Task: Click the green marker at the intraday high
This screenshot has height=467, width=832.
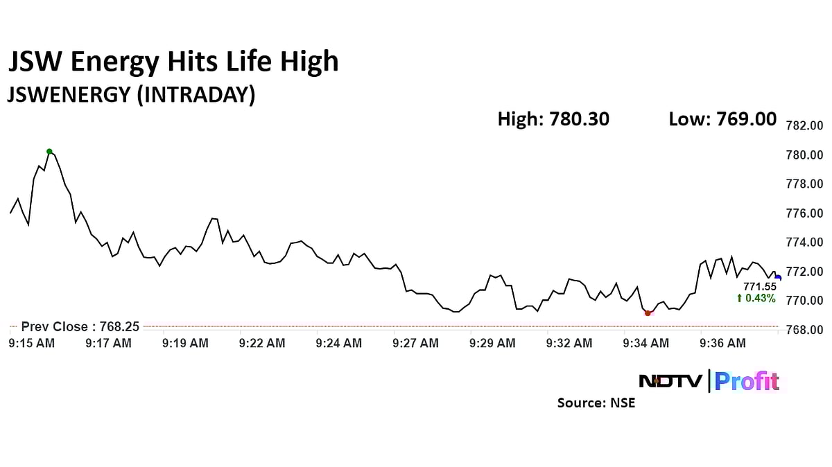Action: pyautogui.click(x=49, y=151)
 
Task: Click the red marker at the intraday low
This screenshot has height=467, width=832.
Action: pyautogui.click(x=648, y=313)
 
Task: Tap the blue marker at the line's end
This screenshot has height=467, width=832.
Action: pyautogui.click(x=778, y=278)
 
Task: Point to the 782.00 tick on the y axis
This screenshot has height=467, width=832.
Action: pyautogui.click(x=804, y=126)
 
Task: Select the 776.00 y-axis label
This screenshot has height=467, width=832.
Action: pyautogui.click(x=804, y=213)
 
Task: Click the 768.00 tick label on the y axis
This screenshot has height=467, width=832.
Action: pyautogui.click(x=804, y=330)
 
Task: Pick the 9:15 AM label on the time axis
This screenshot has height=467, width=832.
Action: pyautogui.click(x=31, y=343)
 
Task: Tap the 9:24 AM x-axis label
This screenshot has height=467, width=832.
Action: pyautogui.click(x=338, y=343)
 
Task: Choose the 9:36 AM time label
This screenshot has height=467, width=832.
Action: pyautogui.click(x=722, y=343)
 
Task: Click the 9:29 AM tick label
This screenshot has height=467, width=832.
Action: pyautogui.click(x=492, y=343)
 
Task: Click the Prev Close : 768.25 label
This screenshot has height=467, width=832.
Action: pyautogui.click(x=80, y=326)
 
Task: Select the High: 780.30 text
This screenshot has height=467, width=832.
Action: pyautogui.click(x=553, y=119)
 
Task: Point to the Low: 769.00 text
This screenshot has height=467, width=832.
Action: pyautogui.click(x=722, y=119)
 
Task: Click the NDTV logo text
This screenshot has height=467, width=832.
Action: pyautogui.click(x=670, y=381)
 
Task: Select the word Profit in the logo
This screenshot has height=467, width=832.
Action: pyautogui.click(x=747, y=381)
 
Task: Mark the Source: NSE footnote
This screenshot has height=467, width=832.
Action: pyautogui.click(x=596, y=403)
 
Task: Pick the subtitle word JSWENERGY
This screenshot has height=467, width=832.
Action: pyautogui.click(x=69, y=94)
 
